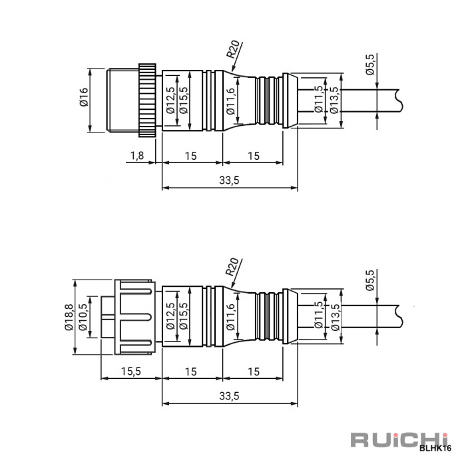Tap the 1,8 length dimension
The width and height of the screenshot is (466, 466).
click(x=136, y=156)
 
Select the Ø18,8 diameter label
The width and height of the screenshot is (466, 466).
click(x=69, y=318)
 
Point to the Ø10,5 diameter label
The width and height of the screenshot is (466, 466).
click(x=83, y=318)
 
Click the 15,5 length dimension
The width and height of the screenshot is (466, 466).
click(x=130, y=371)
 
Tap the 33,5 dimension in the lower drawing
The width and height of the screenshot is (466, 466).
click(x=228, y=396)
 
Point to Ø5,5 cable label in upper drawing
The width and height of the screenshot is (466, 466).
click(x=371, y=65)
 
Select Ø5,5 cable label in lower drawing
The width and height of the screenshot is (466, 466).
click(x=371, y=280)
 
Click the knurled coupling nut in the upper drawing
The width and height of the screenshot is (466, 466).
click(x=147, y=99)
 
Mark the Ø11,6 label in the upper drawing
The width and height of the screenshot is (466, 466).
click(x=230, y=101)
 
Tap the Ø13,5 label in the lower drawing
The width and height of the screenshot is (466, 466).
click(x=335, y=316)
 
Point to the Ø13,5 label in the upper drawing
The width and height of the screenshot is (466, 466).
click(x=335, y=100)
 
